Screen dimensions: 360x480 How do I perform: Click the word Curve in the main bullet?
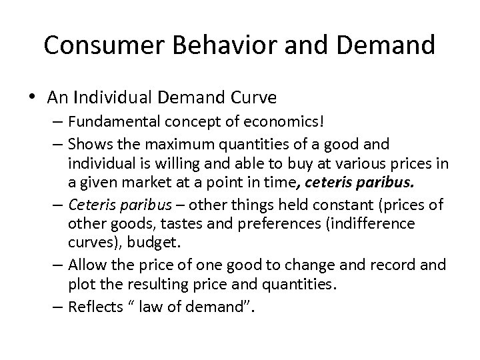pos(258,98)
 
